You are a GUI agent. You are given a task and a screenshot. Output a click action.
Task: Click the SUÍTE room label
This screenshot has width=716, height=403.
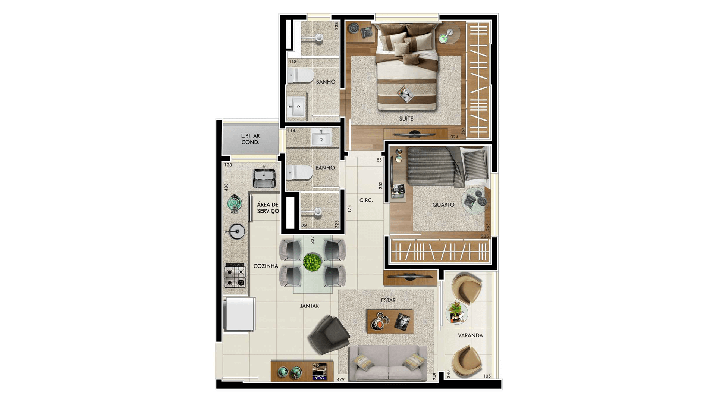406,118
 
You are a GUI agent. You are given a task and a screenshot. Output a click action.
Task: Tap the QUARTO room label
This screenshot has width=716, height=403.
443,204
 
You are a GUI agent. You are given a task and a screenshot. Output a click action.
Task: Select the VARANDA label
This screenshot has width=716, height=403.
470,335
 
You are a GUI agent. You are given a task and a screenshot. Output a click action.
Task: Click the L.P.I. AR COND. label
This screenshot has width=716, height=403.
250,139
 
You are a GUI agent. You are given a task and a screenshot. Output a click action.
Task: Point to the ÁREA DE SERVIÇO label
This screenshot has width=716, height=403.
268,208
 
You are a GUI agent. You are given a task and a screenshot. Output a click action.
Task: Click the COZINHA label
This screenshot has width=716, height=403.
266,266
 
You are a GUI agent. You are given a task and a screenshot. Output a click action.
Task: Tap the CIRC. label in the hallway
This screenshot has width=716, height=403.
366,200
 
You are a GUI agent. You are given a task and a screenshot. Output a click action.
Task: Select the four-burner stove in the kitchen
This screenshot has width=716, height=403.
235,275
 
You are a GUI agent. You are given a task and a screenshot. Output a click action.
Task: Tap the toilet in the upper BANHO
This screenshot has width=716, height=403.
301,75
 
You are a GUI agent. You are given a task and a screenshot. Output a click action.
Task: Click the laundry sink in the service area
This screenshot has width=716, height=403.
264,178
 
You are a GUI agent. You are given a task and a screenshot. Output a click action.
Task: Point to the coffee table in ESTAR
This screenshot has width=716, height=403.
390,321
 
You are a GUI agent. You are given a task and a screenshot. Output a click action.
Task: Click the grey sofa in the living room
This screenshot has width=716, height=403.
388,363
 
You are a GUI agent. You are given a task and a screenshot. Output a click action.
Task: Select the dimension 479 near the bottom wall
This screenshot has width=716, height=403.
340,379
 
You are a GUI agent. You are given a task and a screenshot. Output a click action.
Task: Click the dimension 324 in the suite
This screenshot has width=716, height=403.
454,137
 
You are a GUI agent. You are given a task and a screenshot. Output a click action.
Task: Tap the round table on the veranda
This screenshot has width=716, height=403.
457,313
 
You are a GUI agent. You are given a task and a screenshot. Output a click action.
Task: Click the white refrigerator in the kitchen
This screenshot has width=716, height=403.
239,314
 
